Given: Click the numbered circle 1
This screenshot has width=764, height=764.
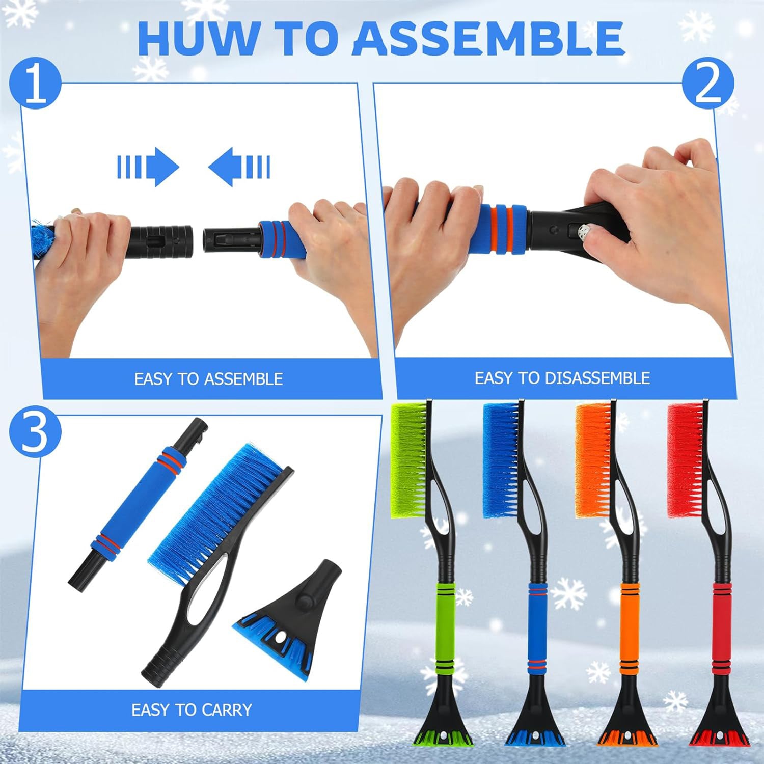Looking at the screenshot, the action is [35, 84].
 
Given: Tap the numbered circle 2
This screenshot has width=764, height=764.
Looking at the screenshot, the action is [708, 84].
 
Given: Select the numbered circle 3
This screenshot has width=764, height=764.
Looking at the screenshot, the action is [35, 432].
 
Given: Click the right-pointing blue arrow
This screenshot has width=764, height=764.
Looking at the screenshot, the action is [148, 167].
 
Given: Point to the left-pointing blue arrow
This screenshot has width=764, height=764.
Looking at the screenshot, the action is [239, 167].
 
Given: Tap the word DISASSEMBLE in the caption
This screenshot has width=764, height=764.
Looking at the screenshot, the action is [597, 378].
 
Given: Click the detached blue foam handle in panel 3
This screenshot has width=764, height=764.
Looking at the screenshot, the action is [138, 505].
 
